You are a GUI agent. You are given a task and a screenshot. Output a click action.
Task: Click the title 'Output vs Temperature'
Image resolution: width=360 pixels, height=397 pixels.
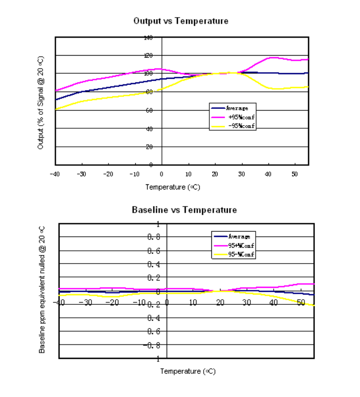(181, 21)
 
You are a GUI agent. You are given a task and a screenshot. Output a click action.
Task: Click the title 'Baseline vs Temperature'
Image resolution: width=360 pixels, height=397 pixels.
(184, 210)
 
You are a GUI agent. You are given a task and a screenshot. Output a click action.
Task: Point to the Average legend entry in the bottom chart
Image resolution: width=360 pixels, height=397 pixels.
(239, 236)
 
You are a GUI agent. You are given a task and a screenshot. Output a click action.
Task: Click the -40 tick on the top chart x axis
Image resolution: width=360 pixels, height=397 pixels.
(55, 174)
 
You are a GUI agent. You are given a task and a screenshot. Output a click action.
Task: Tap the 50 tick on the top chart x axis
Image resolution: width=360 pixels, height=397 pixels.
(295, 174)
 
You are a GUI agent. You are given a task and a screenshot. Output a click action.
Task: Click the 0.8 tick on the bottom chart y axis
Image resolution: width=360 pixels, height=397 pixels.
(154, 237)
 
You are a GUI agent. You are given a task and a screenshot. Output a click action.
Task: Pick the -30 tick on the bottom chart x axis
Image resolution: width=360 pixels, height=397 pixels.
(85, 302)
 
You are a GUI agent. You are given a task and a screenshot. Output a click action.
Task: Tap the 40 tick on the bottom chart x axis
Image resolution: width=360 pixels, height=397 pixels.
(274, 302)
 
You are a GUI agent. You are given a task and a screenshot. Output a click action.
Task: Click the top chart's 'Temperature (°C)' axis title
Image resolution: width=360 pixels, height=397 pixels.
(172, 187)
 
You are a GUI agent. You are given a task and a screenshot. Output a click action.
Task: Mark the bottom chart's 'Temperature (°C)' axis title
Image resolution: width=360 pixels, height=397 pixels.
(187, 371)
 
